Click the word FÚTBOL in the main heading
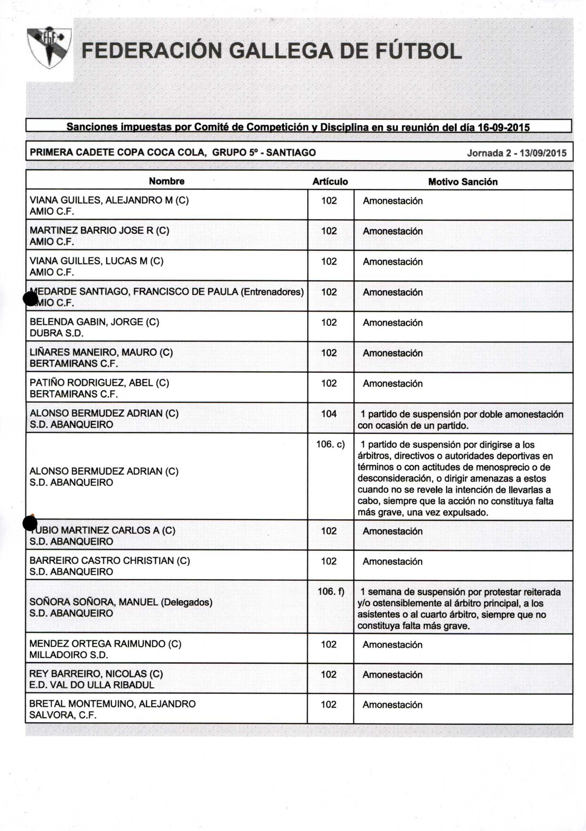(418, 51)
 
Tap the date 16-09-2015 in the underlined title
(503, 127)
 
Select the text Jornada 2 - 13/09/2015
(516, 153)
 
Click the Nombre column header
(167, 181)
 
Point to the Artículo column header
(330, 182)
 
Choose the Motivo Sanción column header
(463, 182)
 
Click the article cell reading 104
(329, 414)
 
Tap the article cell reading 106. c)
(331, 444)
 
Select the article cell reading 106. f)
(331, 592)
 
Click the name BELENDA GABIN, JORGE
(94, 322)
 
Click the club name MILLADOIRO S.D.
(69, 655)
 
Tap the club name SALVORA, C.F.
(63, 715)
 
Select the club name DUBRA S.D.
(56, 333)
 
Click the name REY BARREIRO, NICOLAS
(96, 673)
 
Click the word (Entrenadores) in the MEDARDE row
(272, 292)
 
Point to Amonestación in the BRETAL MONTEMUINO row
(393, 705)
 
